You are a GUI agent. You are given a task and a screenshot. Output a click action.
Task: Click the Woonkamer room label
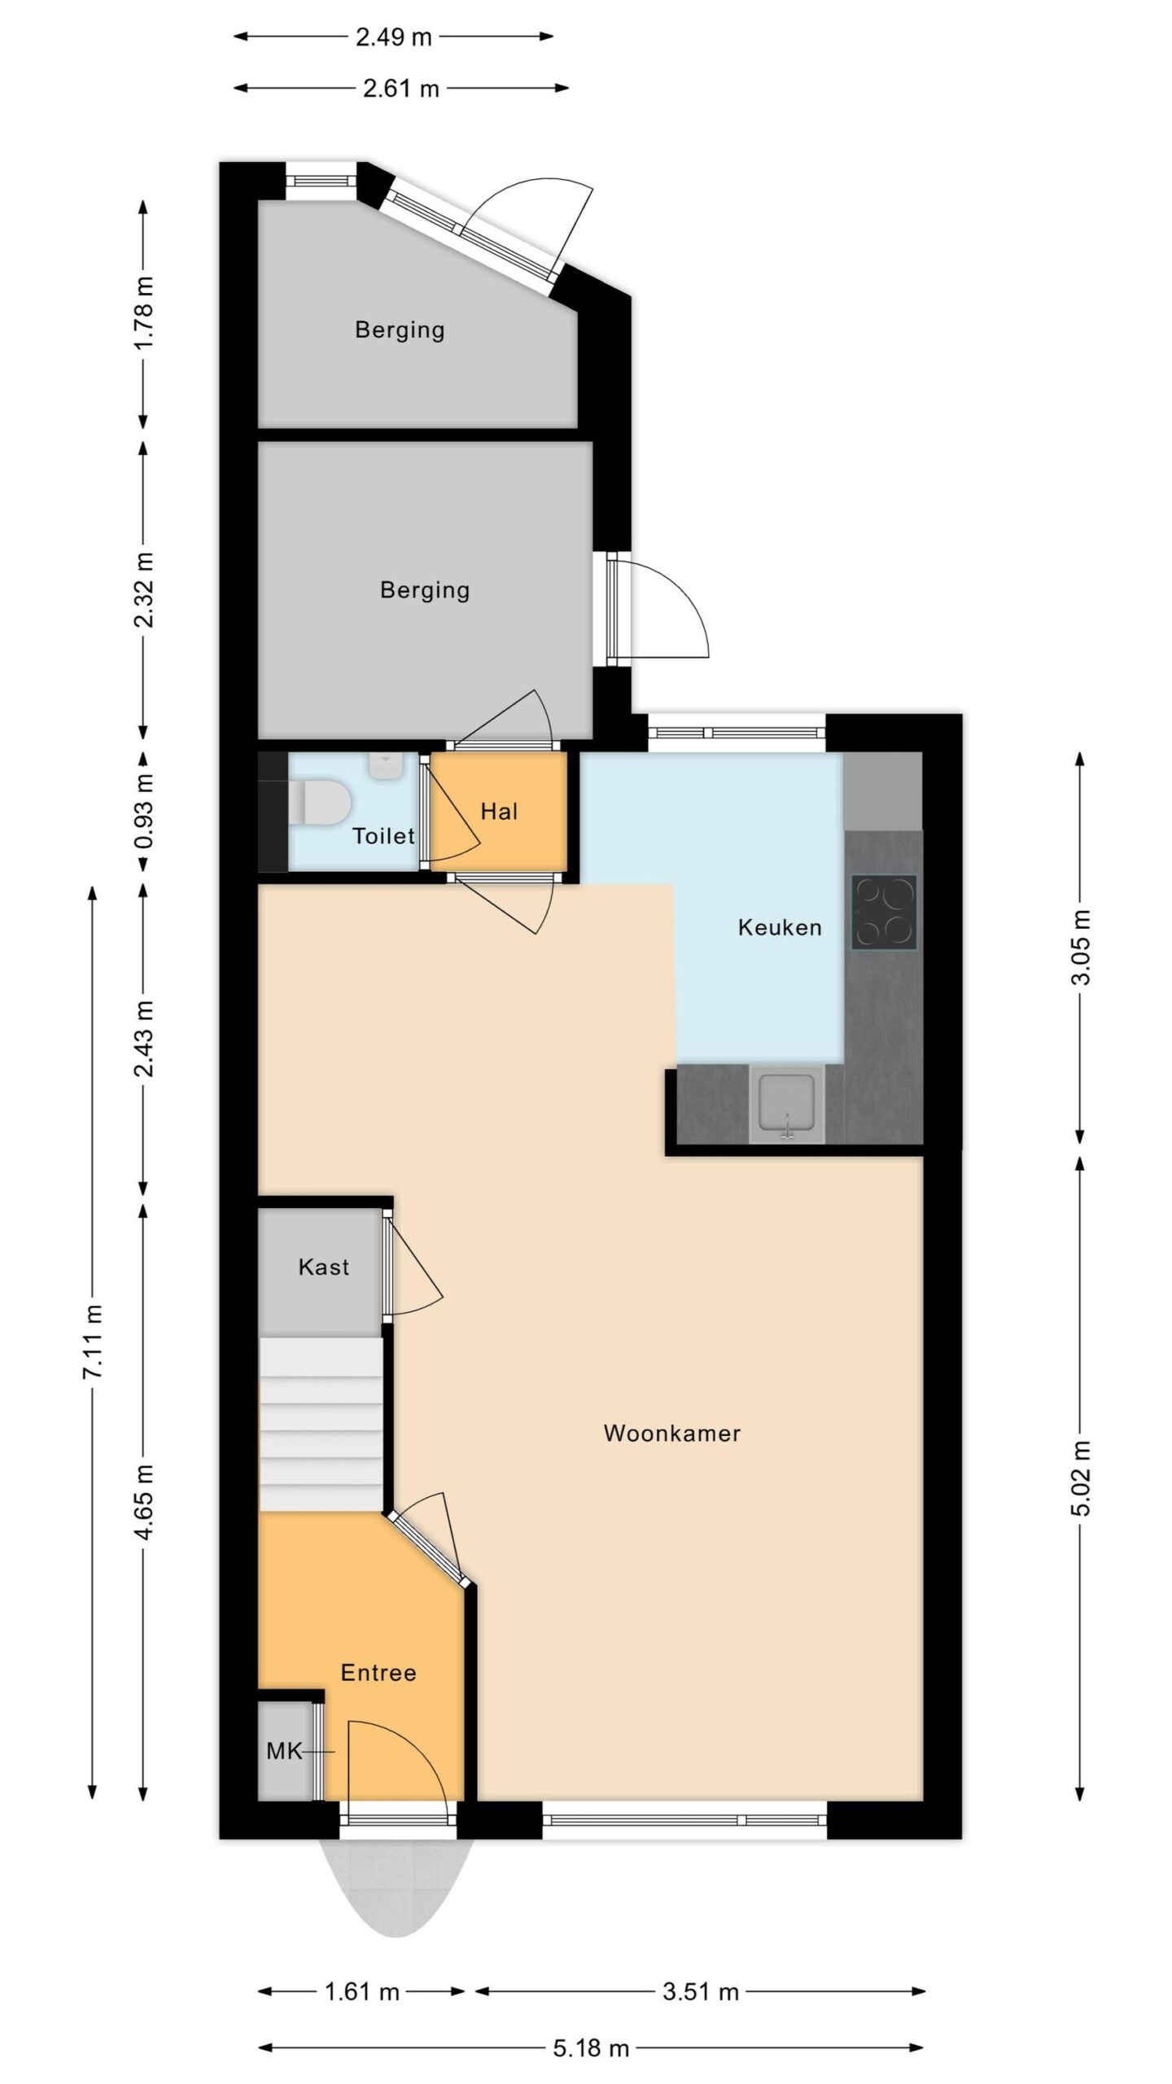pyautogui.click(x=671, y=1433)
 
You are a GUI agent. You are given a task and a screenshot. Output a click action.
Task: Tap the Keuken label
pyautogui.click(x=780, y=927)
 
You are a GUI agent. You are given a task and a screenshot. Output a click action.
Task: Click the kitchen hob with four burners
pyautogui.click(x=884, y=912)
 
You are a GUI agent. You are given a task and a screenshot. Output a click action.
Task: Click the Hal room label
pyautogui.click(x=499, y=811)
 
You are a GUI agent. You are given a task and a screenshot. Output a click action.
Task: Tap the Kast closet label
pyautogui.click(x=324, y=1267)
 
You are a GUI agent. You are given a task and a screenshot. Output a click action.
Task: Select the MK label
pyautogui.click(x=284, y=1750)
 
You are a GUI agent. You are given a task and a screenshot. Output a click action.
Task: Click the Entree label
pyautogui.click(x=378, y=1672)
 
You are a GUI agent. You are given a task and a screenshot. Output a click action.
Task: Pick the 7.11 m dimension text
pyautogui.click(x=94, y=1341)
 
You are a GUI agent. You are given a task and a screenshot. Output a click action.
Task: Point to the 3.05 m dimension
pyautogui.click(x=1080, y=947)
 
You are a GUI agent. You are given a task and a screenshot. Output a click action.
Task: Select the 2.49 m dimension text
pyautogui.click(x=394, y=37)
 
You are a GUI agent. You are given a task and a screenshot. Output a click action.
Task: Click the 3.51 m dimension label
pyautogui.click(x=701, y=1992)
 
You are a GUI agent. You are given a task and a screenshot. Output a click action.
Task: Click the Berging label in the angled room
pyautogui.click(x=400, y=330)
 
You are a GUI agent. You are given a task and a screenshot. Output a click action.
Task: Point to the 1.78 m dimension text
pyautogui.click(x=144, y=313)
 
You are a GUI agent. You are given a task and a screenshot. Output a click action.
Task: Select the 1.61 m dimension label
pyautogui.click(x=362, y=1992)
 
